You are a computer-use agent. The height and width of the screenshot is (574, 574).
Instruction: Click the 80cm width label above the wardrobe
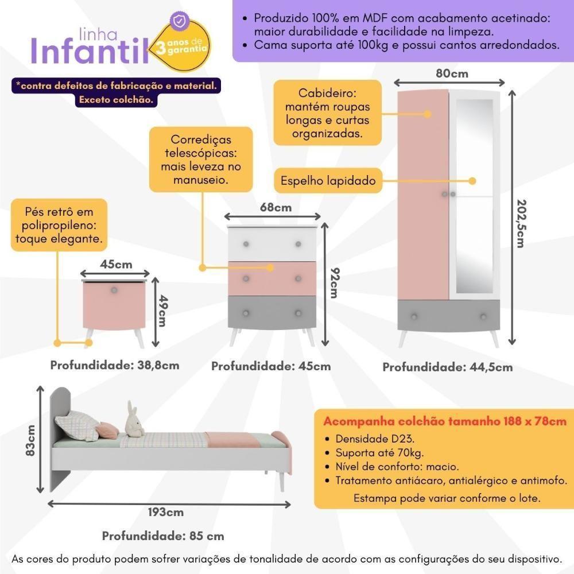[x=452, y=73]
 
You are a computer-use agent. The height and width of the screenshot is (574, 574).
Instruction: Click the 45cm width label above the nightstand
[x=116, y=265]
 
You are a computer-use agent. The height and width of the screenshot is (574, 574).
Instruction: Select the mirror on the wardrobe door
[x=474, y=195]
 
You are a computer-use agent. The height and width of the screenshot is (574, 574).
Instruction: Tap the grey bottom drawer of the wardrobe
[x=448, y=316]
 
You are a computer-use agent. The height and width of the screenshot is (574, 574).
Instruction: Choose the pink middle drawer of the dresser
[x=272, y=278]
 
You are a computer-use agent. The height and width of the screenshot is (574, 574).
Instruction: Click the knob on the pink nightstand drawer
[x=114, y=290]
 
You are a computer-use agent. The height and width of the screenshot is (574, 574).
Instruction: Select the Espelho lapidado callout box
[x=327, y=181]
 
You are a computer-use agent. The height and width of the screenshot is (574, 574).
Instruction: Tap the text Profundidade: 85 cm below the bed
[x=163, y=536]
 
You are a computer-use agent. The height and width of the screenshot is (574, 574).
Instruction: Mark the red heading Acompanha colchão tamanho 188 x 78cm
[x=445, y=421]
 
